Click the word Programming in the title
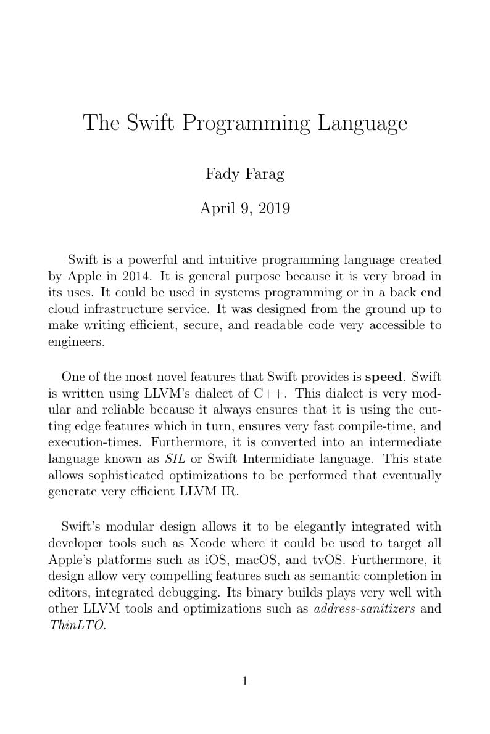[x=246, y=124]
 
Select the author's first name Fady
[x=222, y=174]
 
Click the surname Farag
[x=264, y=174]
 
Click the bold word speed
[x=384, y=377]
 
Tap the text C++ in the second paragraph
[x=271, y=393]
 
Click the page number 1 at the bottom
[x=245, y=682]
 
